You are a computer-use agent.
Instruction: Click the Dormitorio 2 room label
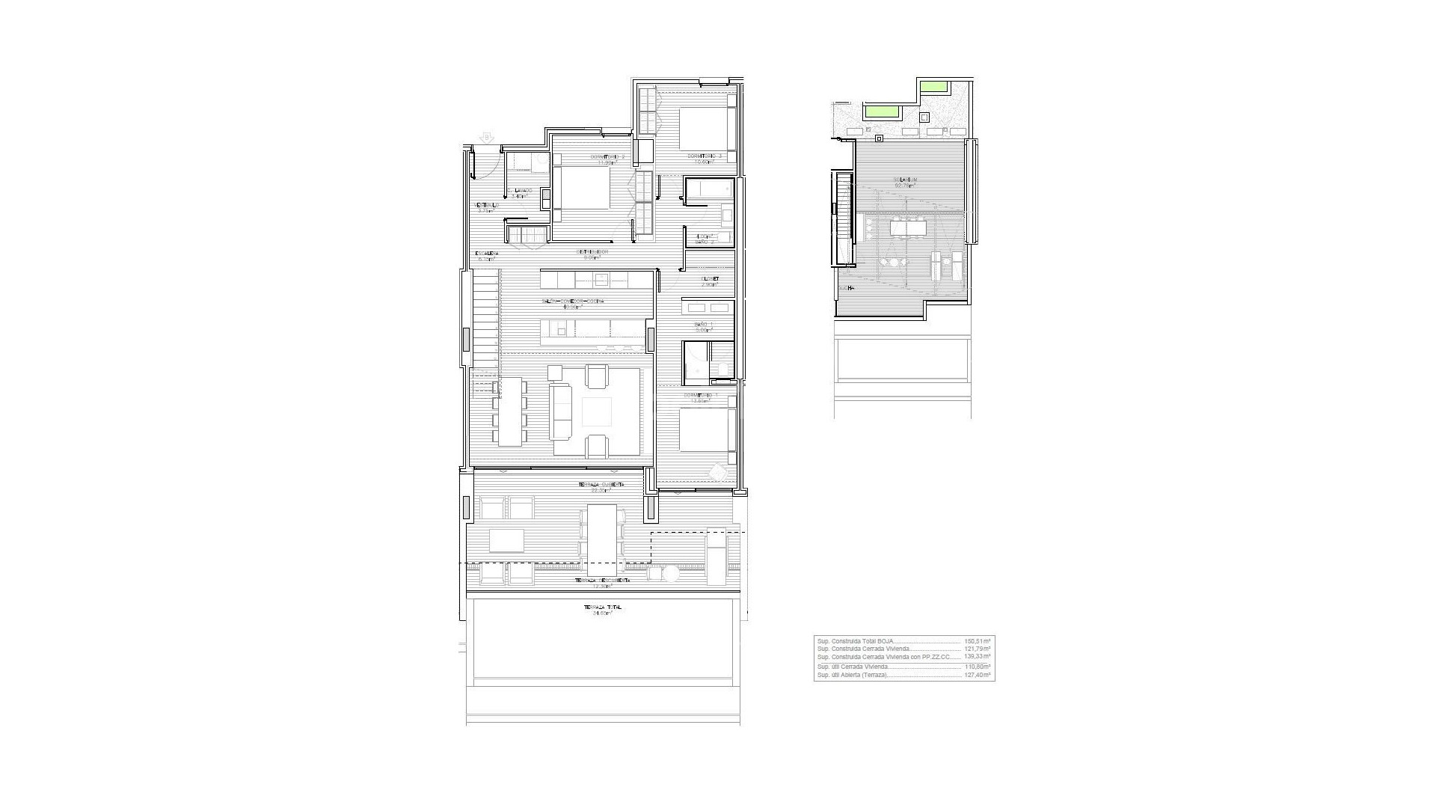(603, 156)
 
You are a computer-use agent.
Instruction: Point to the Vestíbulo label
(486, 206)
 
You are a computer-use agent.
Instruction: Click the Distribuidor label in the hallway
(591, 252)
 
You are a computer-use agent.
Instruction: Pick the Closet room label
(710, 279)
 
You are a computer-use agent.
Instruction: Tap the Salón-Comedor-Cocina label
(573, 302)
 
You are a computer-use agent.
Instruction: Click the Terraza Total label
(602, 607)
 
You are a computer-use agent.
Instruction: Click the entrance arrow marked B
(488, 138)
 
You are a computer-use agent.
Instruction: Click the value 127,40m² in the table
(977, 675)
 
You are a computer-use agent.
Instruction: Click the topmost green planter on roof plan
(932, 87)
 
